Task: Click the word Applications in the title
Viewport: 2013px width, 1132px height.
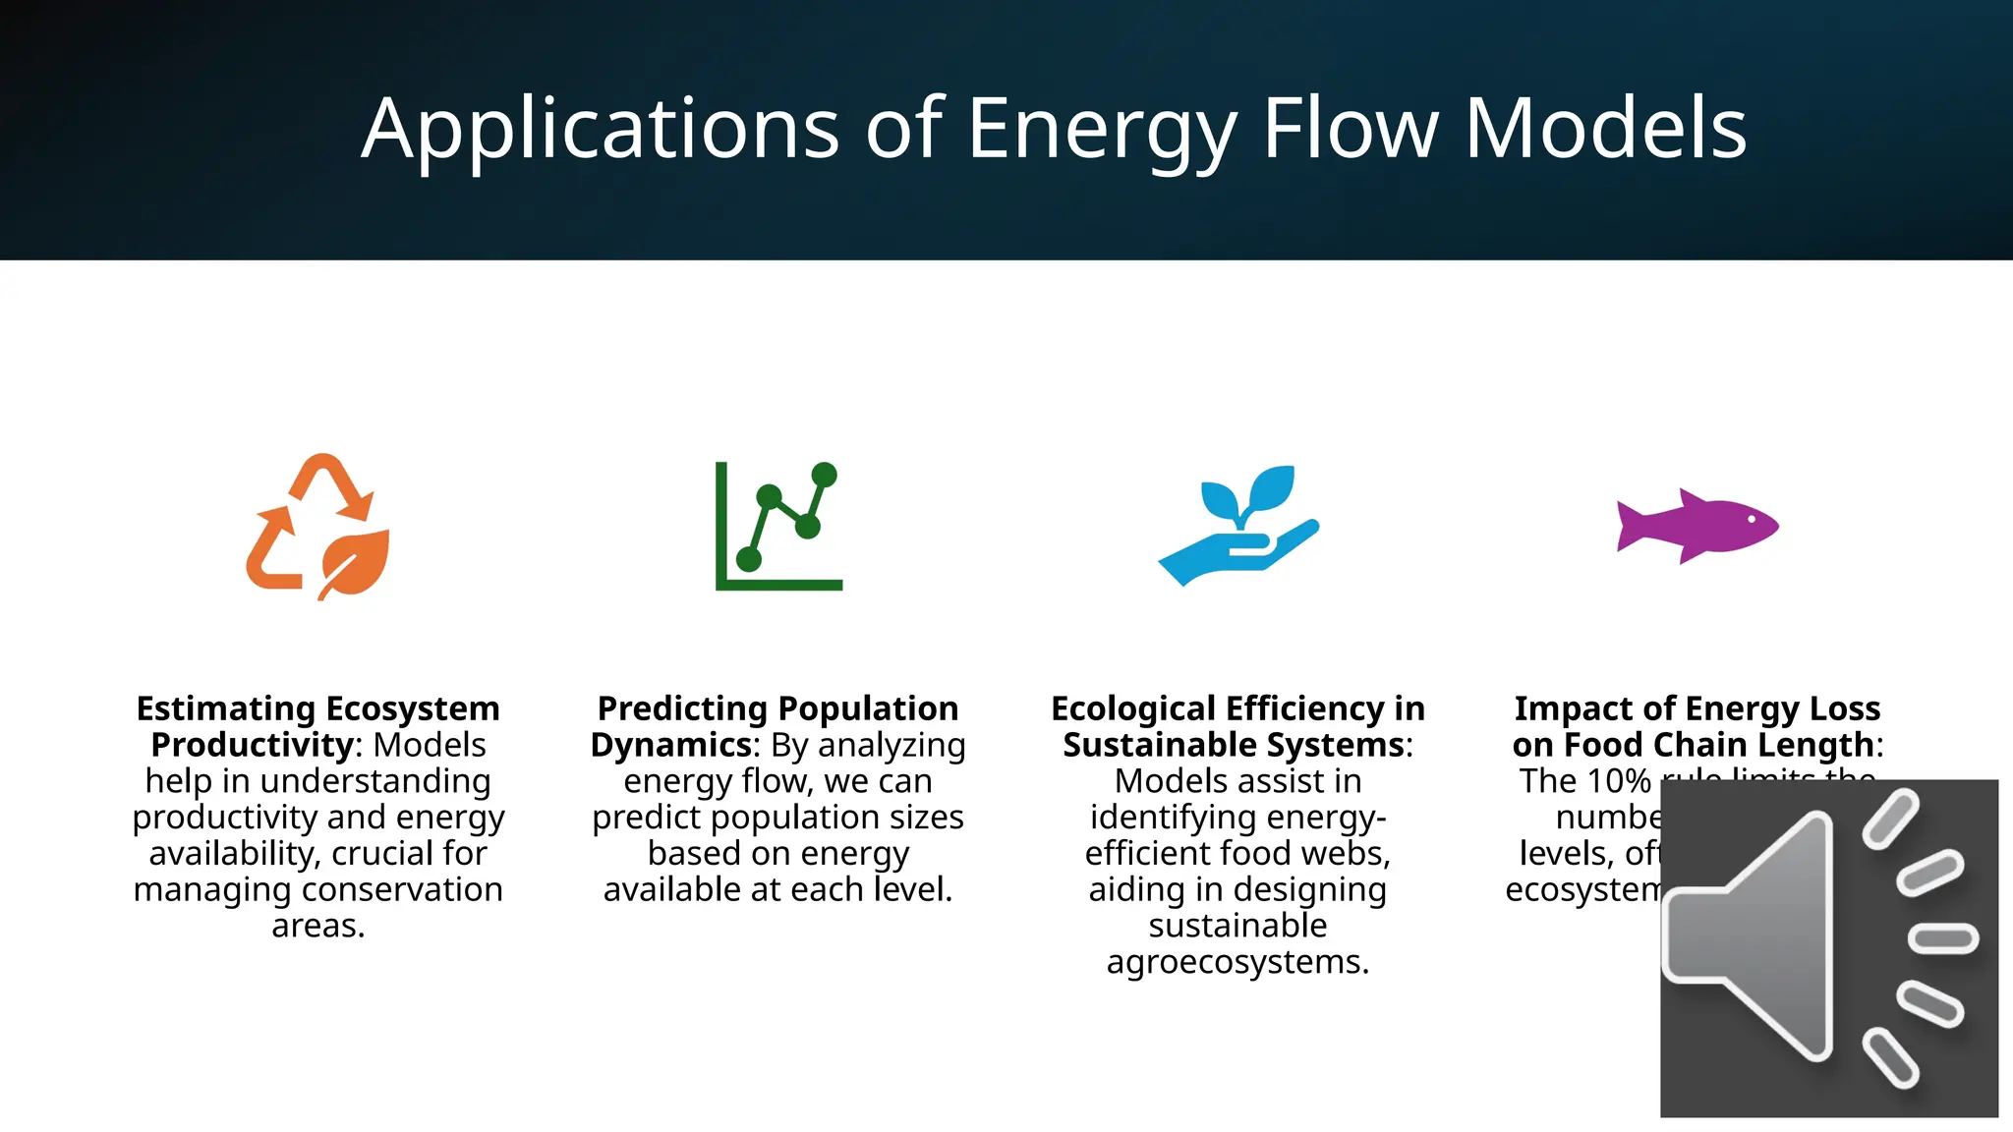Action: point(601,129)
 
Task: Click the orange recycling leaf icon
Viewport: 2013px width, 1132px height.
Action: point(317,526)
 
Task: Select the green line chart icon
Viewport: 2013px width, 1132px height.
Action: point(778,526)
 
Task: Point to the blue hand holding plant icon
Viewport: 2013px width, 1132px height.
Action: point(1238,526)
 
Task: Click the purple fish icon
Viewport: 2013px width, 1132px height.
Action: point(1697,526)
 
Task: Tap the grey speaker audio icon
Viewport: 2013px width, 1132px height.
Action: point(1828,948)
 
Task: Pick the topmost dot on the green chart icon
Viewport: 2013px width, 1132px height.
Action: point(825,475)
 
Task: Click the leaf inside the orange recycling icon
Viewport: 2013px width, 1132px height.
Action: point(354,563)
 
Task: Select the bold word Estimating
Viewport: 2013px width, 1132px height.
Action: point(226,708)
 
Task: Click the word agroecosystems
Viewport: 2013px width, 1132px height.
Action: point(1237,962)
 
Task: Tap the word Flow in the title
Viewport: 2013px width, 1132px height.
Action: point(1351,129)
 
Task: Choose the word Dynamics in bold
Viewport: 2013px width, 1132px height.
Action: point(671,745)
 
